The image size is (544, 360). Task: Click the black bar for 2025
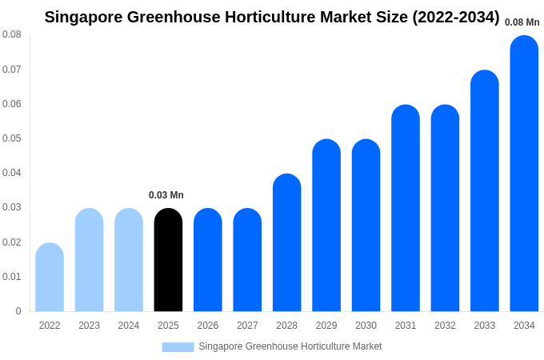point(168,260)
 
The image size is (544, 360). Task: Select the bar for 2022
point(50,278)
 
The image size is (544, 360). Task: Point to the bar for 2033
point(485,191)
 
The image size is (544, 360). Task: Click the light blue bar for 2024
point(129,260)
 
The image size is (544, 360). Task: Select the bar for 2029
point(326,226)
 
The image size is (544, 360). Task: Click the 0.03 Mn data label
point(166,195)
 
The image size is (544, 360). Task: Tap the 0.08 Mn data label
point(522,22)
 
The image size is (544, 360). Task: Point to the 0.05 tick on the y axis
point(12,138)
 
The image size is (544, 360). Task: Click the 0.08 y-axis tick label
point(12,34)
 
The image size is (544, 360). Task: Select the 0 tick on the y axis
point(18,311)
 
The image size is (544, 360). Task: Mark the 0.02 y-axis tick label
point(12,242)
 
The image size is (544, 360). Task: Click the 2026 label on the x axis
point(208,326)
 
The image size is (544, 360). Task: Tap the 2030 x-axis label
point(366,326)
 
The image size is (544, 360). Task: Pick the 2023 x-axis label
point(89,326)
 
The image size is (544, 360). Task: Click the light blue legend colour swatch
point(178,346)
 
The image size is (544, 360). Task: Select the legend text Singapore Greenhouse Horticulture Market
point(290,346)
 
